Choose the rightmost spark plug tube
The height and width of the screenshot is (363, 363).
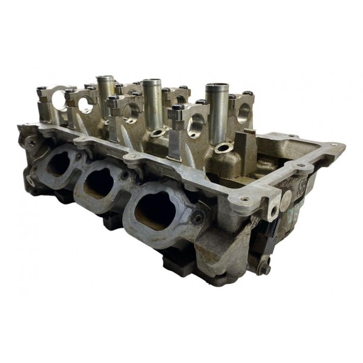point(216,112)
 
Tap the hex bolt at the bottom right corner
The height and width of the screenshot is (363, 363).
point(264,268)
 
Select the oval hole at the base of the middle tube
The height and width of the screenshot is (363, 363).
point(158,132)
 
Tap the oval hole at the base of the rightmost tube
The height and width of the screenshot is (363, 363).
point(223,147)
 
